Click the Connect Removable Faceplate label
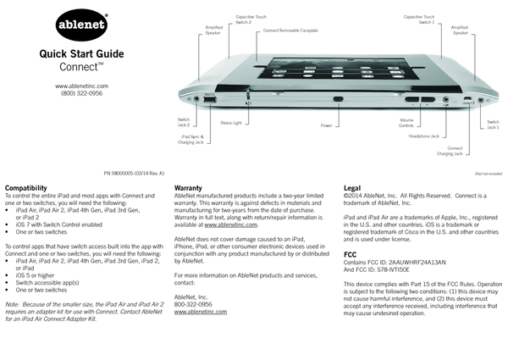[291, 30]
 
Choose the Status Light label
[231, 123]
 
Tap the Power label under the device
[326, 125]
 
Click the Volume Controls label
[406, 123]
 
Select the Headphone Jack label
[423, 136]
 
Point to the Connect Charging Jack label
[450, 152]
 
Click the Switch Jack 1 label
[492, 125]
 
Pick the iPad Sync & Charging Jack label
[190, 138]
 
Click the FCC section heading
[350, 253]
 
